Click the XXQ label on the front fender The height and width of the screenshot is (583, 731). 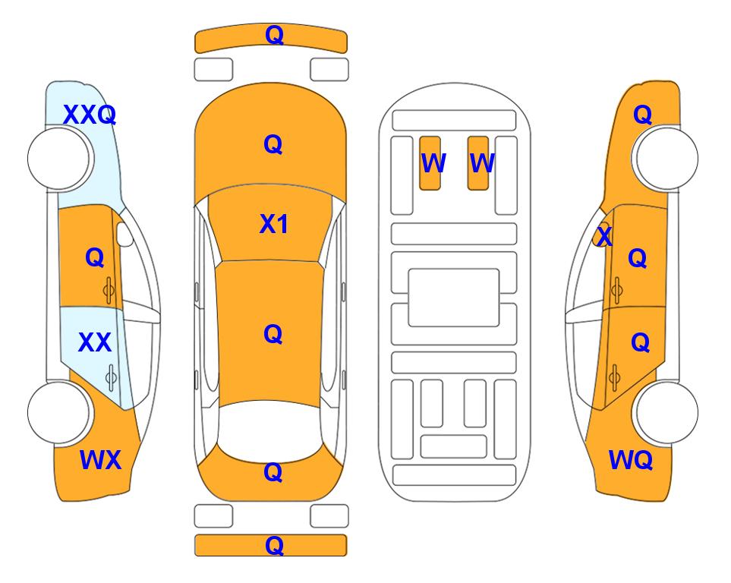pos(89,115)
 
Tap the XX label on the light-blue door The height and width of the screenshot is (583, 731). pos(95,342)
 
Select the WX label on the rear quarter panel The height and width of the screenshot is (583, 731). pos(101,460)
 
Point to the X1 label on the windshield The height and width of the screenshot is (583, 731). pos(274,224)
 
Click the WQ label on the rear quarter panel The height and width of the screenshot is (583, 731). pos(630,460)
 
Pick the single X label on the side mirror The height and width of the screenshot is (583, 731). pos(604,235)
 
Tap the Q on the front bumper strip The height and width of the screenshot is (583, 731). pos(274,35)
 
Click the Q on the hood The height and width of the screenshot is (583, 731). pos(273,144)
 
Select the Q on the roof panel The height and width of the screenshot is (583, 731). pos(273,334)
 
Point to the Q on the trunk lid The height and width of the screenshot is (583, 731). pos(273,472)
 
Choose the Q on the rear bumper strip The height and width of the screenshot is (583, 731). pos(274,545)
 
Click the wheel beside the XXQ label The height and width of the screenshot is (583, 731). pos(59,159)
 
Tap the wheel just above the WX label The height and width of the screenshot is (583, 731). pos(59,412)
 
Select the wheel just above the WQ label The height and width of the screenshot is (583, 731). pos(666,412)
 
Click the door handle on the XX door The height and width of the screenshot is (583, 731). pos(111,377)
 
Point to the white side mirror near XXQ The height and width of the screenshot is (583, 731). pos(124,234)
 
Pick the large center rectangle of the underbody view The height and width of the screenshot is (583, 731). pos(454,298)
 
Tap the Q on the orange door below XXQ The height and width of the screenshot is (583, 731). pos(95,257)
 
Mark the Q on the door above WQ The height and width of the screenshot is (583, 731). pos(640,343)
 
